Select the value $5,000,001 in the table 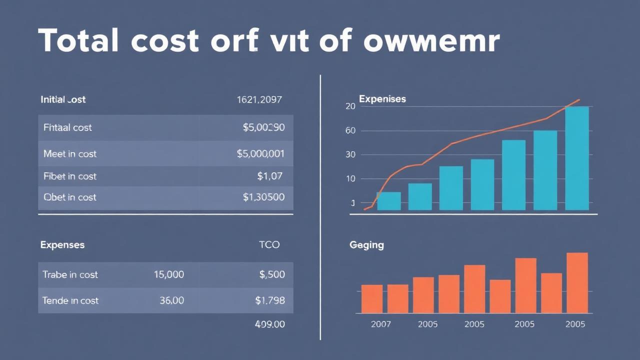(260, 153)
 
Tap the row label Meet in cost (69, 153)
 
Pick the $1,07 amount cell (269, 175)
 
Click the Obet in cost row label (69, 197)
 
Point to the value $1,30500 (263, 197)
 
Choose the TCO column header (269, 244)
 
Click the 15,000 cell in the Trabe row (168, 274)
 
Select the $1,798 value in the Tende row (270, 300)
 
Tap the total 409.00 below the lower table (269, 324)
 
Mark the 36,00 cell (171, 300)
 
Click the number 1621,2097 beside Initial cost (259, 99)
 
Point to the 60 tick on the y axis (350, 130)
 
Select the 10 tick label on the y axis (350, 178)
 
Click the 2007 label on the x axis (381, 324)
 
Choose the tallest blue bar (577, 158)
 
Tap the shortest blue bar (388, 201)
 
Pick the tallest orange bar (577, 282)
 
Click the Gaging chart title (366, 245)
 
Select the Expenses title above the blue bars (382, 99)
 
